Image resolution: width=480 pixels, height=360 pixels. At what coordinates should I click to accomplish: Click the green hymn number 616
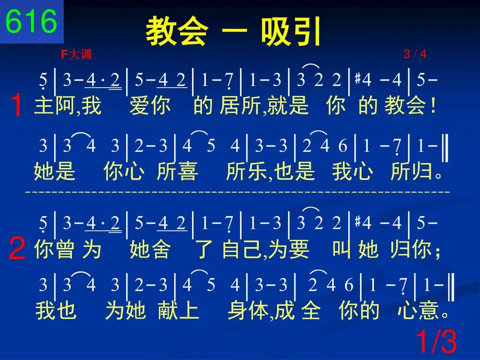tap(31, 21)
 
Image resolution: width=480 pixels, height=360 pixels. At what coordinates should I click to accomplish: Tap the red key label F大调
tap(76, 54)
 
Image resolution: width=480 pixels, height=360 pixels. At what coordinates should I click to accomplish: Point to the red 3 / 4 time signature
tap(415, 54)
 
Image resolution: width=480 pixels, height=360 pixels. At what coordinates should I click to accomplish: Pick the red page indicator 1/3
tap(436, 341)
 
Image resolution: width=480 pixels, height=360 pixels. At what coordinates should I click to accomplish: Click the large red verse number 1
tap(16, 105)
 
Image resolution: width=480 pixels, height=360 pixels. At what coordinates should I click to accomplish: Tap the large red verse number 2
tap(17, 248)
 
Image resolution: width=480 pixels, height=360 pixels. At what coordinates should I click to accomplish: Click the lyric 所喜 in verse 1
tap(177, 171)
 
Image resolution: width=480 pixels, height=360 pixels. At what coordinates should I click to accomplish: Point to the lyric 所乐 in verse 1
tap(247, 171)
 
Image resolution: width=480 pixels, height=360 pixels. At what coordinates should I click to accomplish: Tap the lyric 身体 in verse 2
tap(248, 310)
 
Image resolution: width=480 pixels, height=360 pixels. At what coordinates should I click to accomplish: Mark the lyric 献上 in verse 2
tap(179, 310)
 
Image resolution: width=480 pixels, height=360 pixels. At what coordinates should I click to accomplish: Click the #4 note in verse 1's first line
tap(363, 80)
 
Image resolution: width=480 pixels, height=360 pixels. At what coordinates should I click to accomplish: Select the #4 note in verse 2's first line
tap(363, 222)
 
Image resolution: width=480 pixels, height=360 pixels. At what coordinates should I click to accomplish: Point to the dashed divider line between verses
tap(237, 192)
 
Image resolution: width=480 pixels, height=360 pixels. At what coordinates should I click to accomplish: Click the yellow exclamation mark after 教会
tap(433, 106)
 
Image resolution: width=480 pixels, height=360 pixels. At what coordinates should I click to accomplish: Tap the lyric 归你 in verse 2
tap(411, 249)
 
